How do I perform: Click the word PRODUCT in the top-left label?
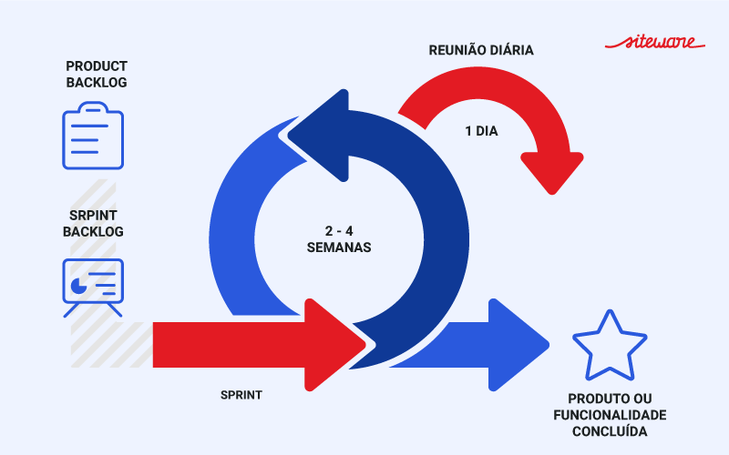97,66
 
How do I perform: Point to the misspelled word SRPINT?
93,216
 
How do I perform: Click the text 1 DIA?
481,130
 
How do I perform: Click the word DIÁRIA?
510,50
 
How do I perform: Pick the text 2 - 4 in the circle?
339,230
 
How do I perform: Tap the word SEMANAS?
339,247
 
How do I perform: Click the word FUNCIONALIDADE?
610,415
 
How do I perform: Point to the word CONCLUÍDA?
610,431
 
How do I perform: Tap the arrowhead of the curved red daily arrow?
551,168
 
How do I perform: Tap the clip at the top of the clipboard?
93,111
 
